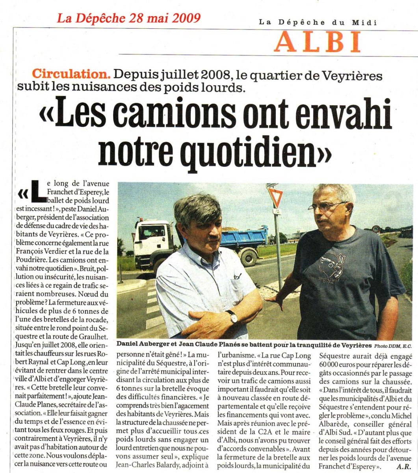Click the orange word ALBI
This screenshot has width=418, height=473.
point(318,42)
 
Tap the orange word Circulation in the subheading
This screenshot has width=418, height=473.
point(71,74)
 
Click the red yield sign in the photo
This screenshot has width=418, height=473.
point(275,196)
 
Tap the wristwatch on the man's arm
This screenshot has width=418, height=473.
point(232,316)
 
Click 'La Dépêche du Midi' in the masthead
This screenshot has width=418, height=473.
point(318,22)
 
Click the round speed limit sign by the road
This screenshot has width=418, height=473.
point(376,229)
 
